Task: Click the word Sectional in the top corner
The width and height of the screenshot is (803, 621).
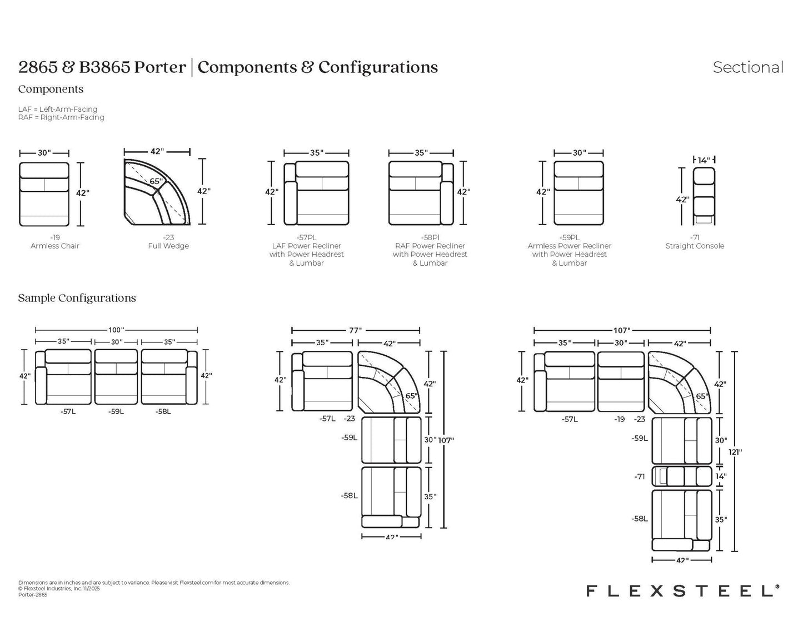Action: point(748,67)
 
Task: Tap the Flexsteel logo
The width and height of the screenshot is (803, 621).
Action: point(683,590)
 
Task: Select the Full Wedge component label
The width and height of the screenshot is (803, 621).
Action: point(168,246)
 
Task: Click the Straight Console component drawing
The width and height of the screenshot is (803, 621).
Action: point(704,197)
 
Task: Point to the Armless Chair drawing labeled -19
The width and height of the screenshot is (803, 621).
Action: point(44,194)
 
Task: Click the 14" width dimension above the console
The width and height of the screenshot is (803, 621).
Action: point(704,160)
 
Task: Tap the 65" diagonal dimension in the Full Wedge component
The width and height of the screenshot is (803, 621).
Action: point(156,181)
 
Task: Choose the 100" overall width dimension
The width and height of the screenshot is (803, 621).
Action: point(116,330)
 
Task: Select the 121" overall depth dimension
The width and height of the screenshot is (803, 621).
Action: point(735,451)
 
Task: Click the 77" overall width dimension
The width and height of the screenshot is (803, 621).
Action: point(355,330)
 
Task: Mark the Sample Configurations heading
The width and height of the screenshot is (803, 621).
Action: point(77,298)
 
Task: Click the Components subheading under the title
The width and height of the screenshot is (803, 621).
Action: point(51,89)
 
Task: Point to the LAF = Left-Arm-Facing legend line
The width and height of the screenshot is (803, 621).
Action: point(58,109)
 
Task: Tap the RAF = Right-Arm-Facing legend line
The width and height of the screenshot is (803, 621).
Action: point(61,117)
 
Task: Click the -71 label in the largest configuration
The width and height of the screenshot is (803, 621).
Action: point(640,476)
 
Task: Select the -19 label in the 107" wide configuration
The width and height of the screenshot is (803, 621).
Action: point(620,419)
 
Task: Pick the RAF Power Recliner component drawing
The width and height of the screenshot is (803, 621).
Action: point(421,193)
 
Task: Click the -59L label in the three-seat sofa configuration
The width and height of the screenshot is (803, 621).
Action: point(116,411)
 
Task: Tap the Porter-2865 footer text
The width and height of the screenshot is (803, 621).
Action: point(33,595)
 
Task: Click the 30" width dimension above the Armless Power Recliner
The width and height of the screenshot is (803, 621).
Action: point(578,153)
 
